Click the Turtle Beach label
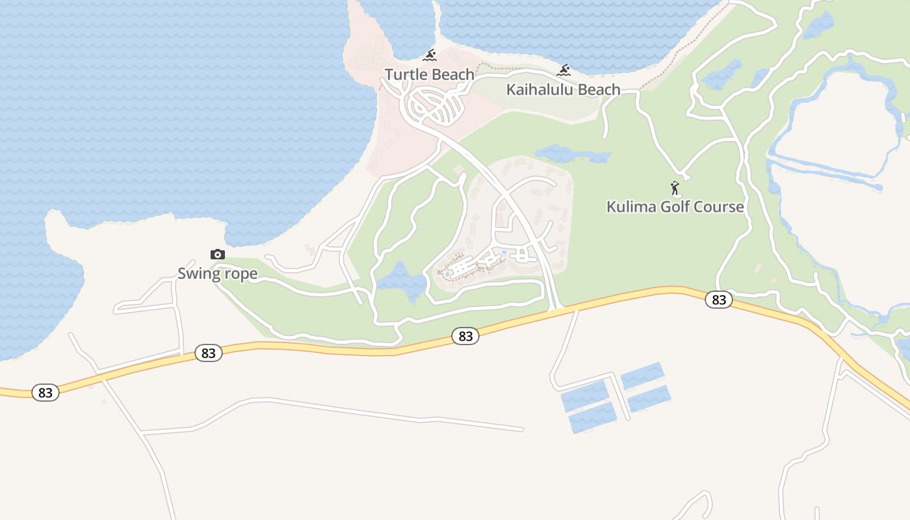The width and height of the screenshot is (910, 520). coord(430,75)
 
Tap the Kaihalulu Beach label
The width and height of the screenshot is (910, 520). coord(563,90)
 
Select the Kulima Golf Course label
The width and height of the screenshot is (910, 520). coord(675,207)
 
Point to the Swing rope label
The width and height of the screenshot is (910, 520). coord(217,274)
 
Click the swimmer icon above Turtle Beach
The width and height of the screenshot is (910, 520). coord(430,55)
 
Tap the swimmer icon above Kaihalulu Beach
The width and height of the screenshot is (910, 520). coord(564,70)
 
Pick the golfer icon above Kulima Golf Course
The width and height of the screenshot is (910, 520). coord(675,188)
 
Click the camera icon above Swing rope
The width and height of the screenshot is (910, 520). coord(217,254)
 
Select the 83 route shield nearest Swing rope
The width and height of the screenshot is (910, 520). coord(208,353)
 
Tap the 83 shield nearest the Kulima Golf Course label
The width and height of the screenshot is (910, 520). coord(718,299)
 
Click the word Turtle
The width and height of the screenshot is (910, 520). coord(406,75)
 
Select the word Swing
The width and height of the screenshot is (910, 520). coord(199,274)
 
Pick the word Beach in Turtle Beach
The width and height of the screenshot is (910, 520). coord(452,75)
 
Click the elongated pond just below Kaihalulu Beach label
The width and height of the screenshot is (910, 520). coord(572,155)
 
